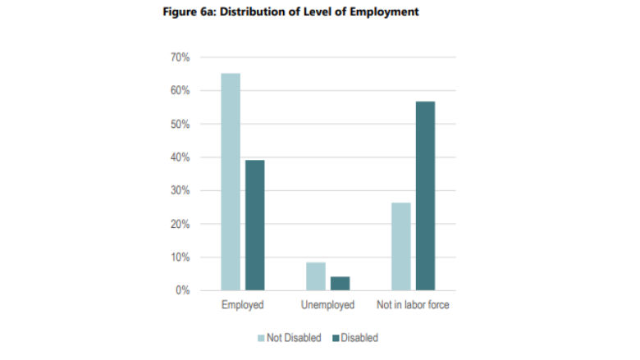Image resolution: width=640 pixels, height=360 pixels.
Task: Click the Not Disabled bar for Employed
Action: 231,182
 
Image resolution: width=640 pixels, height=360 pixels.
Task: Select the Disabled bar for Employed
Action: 254,225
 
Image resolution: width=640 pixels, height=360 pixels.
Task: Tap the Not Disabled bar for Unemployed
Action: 316,276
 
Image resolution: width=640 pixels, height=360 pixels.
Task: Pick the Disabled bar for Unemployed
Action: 340,284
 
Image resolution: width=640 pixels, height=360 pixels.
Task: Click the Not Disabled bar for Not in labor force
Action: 401,246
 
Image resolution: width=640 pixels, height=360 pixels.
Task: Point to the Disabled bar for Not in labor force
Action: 425,196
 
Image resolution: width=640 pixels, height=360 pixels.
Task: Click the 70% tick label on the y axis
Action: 181,57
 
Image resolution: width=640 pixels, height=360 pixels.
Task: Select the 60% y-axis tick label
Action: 181,91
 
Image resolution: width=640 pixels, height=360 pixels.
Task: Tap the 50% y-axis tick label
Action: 181,125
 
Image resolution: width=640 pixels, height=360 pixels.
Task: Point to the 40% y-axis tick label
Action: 181,157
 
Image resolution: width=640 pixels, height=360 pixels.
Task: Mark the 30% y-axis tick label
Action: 181,191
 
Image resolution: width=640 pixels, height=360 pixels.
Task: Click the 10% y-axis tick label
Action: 181,257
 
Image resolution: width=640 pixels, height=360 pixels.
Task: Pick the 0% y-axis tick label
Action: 183,291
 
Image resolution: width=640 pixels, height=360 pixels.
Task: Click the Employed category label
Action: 242,306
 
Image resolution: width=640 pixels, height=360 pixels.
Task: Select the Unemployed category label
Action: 327,306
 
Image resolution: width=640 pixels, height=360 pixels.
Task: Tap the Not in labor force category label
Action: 413,306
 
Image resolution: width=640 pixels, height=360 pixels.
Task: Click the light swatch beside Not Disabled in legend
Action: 262,338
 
